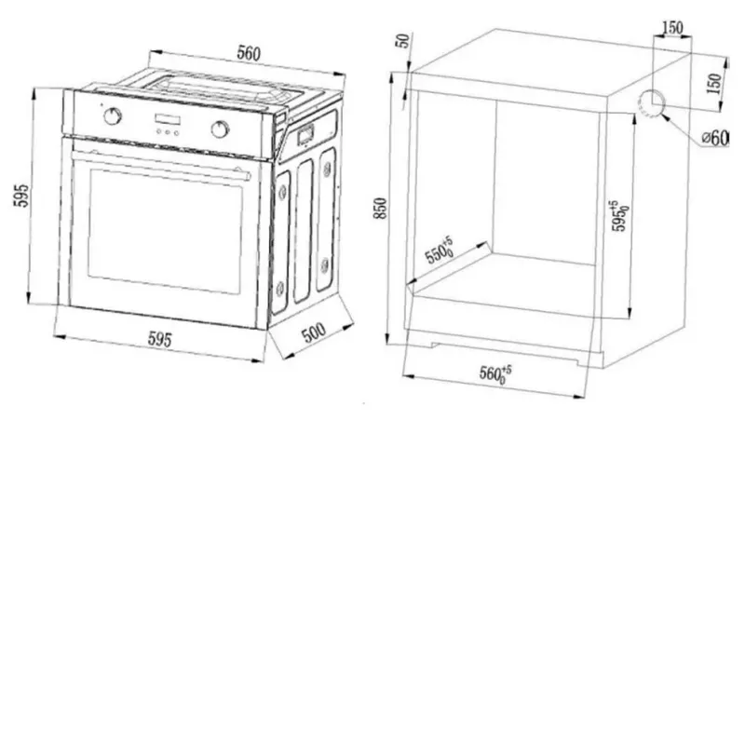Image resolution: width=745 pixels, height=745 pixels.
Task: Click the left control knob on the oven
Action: (113, 115)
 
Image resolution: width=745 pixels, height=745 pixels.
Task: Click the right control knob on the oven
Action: (220, 129)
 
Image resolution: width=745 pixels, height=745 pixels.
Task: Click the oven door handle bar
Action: (160, 166)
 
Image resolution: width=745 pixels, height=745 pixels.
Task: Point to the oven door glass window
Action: (165, 231)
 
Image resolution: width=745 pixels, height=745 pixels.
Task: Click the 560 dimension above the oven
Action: (249, 54)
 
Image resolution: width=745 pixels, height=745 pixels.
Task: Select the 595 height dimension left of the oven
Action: (20, 196)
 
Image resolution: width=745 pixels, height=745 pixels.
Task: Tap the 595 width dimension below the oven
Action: (159, 339)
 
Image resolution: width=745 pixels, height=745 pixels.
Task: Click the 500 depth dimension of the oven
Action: (314, 332)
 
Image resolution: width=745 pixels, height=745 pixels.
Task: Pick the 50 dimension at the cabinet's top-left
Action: (403, 41)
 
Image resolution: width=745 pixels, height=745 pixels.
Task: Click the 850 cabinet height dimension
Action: (381, 209)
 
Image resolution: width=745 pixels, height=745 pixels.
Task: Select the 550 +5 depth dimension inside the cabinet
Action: (439, 251)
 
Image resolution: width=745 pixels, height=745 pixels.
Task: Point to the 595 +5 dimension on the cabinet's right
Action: (619, 216)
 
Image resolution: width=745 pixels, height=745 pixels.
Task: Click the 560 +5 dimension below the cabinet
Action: (495, 373)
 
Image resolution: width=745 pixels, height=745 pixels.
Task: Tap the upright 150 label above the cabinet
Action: (672, 28)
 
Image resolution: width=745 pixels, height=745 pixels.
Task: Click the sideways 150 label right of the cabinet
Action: (714, 83)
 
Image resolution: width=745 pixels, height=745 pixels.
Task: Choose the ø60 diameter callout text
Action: (715, 138)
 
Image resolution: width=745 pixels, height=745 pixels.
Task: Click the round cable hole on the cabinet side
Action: (650, 102)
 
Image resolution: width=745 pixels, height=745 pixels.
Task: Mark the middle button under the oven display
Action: (167, 132)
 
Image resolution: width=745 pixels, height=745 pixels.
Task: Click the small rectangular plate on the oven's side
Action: (305, 134)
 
